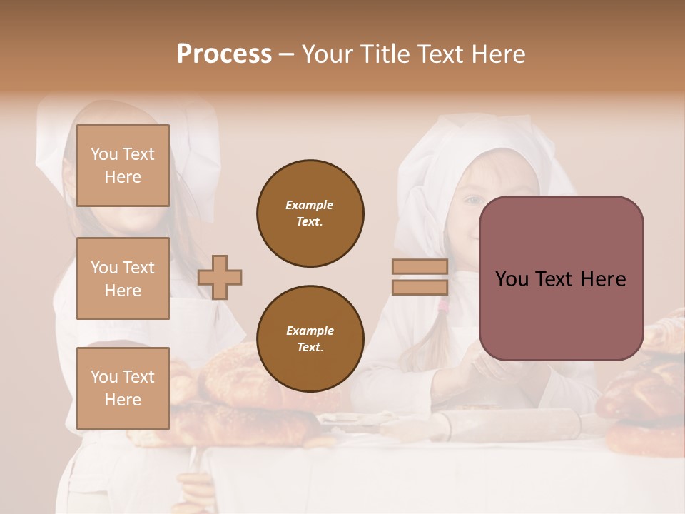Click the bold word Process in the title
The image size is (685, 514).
pos(224,54)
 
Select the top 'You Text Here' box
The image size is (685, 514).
pos(123,166)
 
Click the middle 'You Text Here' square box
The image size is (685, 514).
pos(123,278)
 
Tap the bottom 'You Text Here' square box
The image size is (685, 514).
pos(123,388)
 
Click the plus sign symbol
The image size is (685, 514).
pos(220,277)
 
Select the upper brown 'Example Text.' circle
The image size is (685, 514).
pos(310,213)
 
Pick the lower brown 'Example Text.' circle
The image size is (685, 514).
pos(310,338)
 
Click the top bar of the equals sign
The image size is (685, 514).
pos(420,267)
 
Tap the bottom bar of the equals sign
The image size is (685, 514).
pos(420,287)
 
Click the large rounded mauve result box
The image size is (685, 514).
pos(561,278)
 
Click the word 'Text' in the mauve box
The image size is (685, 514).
pos(561,279)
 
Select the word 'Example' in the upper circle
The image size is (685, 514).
pos(310,205)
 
